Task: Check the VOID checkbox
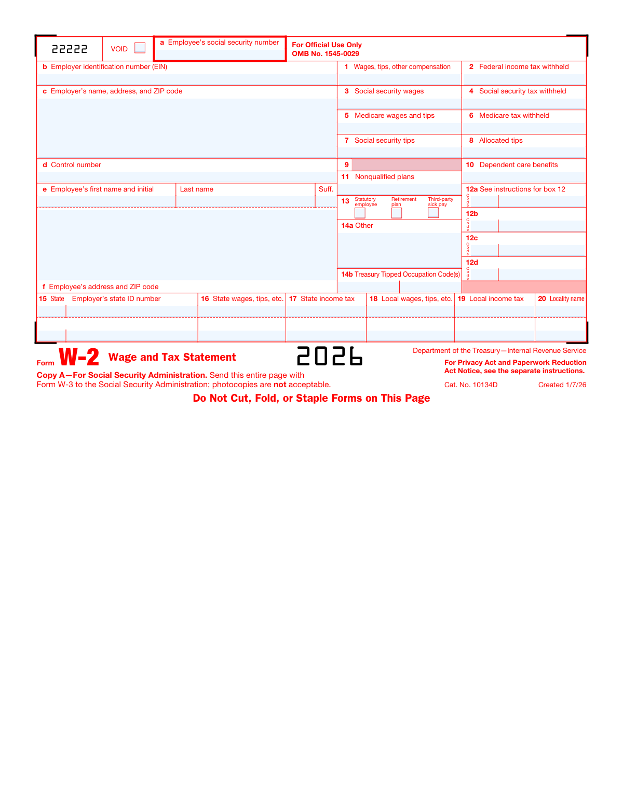point(140,48)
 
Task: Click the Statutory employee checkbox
point(360,213)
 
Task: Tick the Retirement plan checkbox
point(397,213)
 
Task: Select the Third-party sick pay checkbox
point(433,213)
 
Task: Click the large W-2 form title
point(79,357)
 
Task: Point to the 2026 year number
point(330,357)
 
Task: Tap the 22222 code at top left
point(70,49)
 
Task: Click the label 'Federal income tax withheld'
point(524,67)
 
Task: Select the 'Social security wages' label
point(389,91)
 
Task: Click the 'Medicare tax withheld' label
point(514,116)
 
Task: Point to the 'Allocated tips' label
point(500,141)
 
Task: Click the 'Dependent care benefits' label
point(519,165)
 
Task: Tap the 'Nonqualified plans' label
point(384,177)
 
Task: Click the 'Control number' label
point(76,165)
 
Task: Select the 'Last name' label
point(197,189)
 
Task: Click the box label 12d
point(472,263)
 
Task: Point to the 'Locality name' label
point(567,299)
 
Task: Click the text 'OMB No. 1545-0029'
point(326,54)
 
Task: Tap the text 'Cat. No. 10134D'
point(471,385)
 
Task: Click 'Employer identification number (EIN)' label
point(109,67)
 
